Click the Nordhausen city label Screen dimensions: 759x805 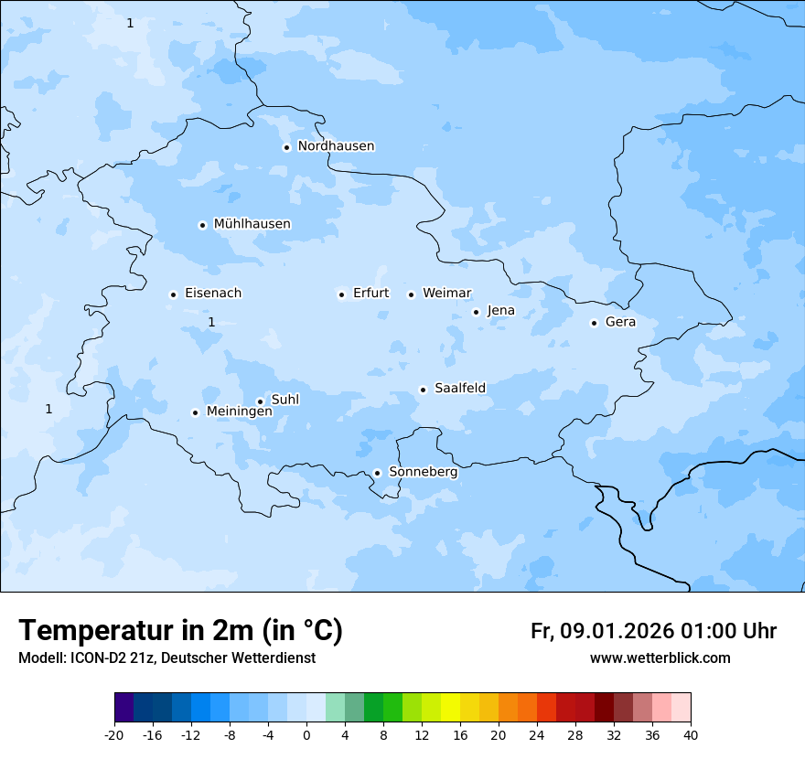(336, 146)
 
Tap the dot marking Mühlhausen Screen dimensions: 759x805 (202, 225)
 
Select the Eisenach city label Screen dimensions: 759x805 (213, 294)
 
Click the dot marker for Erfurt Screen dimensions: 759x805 (341, 294)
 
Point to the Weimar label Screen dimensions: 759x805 (446, 294)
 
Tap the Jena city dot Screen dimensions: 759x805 (476, 312)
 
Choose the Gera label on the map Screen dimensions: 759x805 (620, 322)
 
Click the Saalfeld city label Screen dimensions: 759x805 (459, 389)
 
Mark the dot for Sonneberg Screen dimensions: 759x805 (377, 473)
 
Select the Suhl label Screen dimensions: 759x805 (285, 400)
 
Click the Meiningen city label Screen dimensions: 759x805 (239, 412)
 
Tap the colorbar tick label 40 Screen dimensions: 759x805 (690, 734)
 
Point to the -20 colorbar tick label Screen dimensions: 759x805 (114, 734)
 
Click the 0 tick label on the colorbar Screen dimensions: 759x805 (306, 734)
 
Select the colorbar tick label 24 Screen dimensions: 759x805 (536, 734)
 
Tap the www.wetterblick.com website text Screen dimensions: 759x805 (660, 658)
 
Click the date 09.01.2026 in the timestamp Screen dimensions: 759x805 (617, 631)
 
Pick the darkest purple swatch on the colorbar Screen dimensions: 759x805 (123, 709)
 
